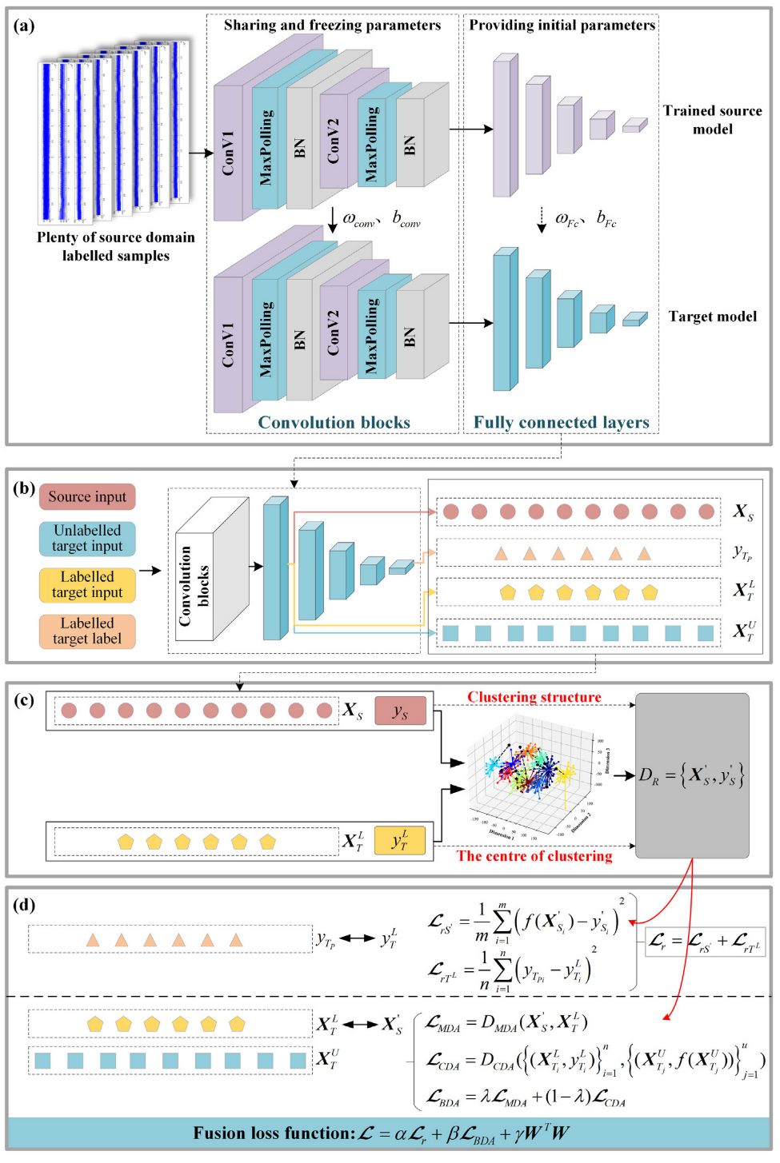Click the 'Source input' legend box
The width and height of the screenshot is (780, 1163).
point(87,496)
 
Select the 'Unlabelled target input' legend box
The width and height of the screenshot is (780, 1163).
point(87,539)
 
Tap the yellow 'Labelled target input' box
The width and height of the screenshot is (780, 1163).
point(87,585)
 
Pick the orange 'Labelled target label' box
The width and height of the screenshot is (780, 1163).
point(87,631)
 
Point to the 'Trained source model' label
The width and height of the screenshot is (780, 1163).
point(712,120)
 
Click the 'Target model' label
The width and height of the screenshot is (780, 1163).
point(712,317)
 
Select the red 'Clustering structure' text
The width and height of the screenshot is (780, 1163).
point(534,697)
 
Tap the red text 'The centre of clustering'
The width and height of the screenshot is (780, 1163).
point(534,856)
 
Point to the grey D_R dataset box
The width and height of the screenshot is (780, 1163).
point(692,775)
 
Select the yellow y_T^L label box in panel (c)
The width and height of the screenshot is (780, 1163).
point(400,841)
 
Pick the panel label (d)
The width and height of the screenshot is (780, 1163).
point(24,905)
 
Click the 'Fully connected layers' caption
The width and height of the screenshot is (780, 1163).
point(561,422)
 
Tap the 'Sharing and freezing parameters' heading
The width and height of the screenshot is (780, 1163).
point(332,25)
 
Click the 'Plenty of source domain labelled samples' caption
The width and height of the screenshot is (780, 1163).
point(116,246)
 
